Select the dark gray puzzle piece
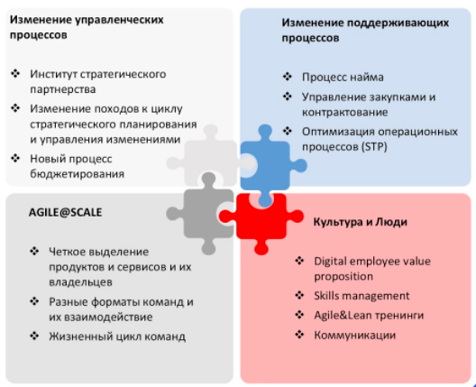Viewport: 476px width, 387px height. (206, 214)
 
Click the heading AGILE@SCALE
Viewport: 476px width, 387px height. (65, 212)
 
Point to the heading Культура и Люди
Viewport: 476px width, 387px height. (360, 222)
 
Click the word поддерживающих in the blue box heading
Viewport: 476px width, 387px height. (398, 23)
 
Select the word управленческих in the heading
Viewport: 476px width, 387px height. (119, 20)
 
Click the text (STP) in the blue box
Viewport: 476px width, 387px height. (374, 147)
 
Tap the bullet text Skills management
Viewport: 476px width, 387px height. (362, 296)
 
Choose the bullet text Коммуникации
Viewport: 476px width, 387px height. (355, 335)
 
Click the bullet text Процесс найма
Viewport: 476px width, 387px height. (343, 78)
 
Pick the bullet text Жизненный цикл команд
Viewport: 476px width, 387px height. (117, 336)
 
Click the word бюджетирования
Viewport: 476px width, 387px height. (78, 174)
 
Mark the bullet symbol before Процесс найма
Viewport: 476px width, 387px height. (288, 77)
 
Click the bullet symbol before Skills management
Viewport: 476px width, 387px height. (299, 295)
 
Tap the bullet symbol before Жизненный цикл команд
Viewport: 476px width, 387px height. (34, 336)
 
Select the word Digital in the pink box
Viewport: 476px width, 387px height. (331, 262)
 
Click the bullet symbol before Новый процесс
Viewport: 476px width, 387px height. (15, 158)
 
